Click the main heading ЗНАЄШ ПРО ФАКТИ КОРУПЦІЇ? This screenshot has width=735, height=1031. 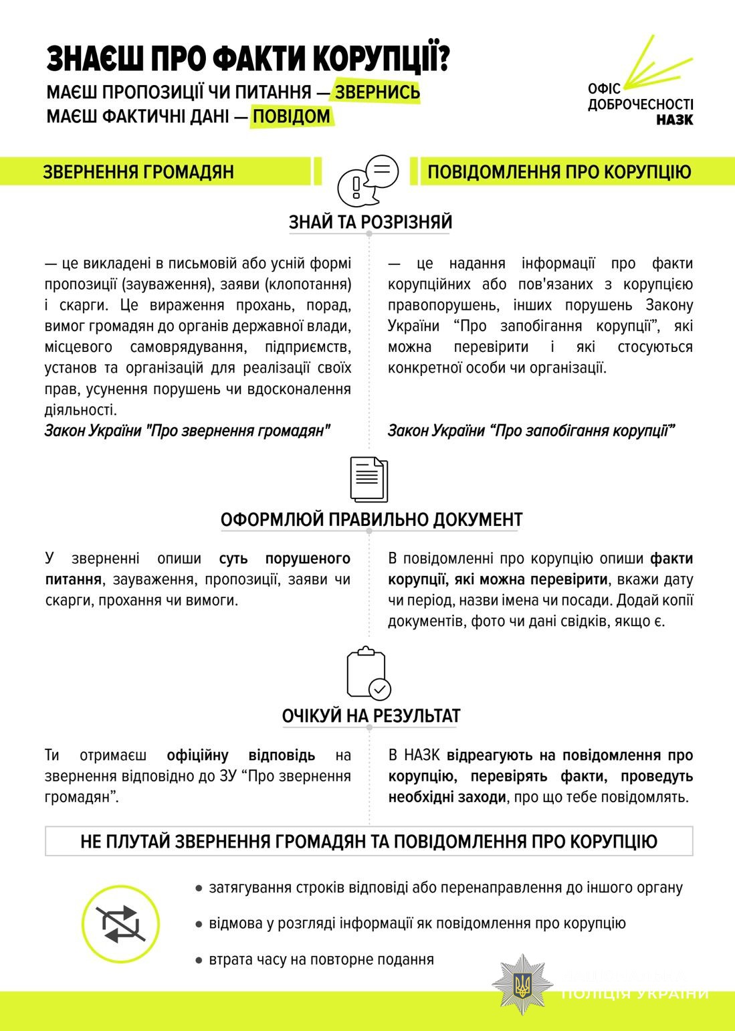click(248, 60)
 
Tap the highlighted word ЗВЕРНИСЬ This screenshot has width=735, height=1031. click(377, 92)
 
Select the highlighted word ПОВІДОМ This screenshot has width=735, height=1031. click(292, 116)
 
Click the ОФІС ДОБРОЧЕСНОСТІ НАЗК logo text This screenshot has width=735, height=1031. click(640, 104)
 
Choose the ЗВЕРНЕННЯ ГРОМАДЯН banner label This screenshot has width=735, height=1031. click(138, 172)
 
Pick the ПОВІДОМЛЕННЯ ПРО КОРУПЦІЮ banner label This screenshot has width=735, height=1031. click(559, 172)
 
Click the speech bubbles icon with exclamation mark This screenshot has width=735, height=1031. click(367, 180)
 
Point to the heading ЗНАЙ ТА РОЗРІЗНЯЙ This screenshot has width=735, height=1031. click(371, 222)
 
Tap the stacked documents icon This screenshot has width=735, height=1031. click(369, 479)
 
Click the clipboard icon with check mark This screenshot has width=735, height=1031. click(369, 674)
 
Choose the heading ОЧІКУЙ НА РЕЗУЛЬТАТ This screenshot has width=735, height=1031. click(371, 716)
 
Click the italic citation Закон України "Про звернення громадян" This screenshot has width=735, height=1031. click(188, 430)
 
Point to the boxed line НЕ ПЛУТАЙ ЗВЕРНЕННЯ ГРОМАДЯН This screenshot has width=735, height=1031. click(369, 841)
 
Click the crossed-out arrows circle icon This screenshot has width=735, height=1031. click(120, 924)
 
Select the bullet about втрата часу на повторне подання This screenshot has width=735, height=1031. click(321, 959)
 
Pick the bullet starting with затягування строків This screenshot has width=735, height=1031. click(445, 888)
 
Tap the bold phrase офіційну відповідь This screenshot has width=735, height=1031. click(241, 755)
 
